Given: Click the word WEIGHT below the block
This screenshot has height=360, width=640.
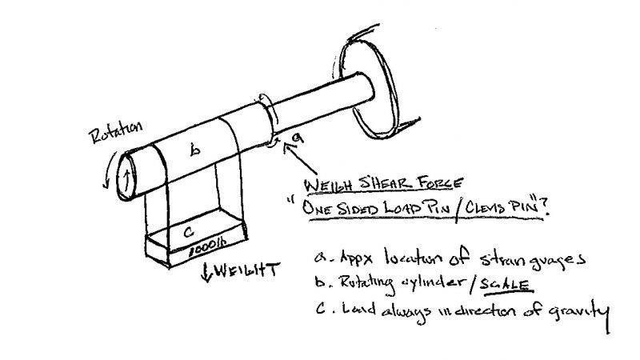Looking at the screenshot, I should [246, 271].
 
